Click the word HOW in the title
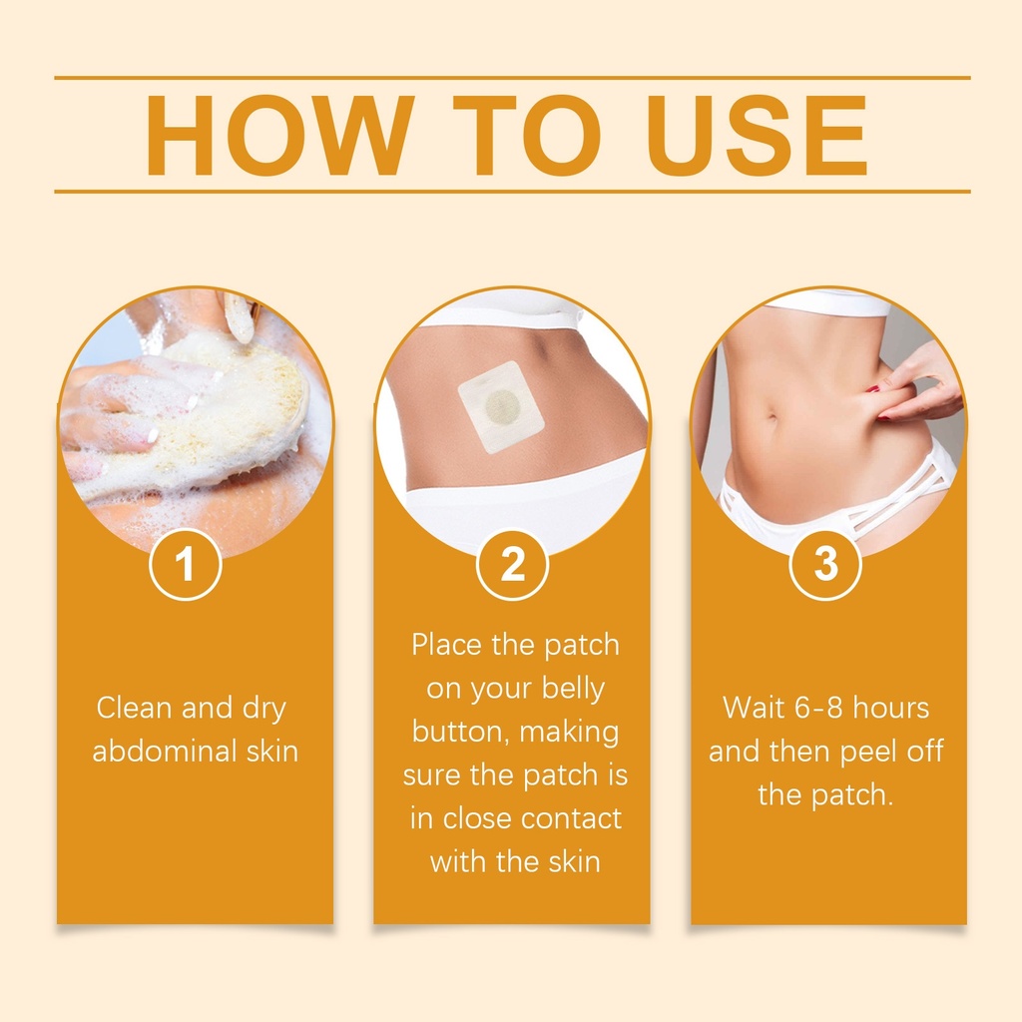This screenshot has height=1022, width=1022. pos(280,136)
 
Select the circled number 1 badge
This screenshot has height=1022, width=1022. pos(186,564)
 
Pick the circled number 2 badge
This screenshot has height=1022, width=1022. pos(512,564)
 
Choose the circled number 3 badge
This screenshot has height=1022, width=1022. pos(825,564)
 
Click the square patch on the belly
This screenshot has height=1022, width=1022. pos(501,407)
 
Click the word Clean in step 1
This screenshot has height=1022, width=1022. pos(136,708)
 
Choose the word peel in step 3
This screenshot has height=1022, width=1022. pos(865,753)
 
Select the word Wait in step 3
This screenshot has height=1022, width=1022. pos(755,708)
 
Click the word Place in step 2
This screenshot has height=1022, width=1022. pos(446,645)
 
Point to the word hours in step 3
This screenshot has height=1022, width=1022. pos(891,708)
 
